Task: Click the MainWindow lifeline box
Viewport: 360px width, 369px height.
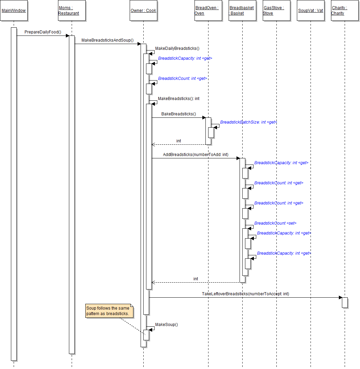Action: coord(14,11)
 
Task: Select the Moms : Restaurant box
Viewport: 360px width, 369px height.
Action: coord(72,11)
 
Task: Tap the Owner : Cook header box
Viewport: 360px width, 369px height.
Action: coord(143,11)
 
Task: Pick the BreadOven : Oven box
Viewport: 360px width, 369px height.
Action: coord(208,11)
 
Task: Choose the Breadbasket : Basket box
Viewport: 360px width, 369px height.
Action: coord(242,11)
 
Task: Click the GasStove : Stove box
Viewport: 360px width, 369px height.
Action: coord(276,11)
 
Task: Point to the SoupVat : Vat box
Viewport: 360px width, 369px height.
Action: coord(311,11)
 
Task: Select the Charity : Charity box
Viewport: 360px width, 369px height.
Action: coord(345,11)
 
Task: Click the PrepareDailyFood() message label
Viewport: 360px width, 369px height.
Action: coord(43,32)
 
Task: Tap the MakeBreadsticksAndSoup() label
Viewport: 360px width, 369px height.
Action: coord(107,40)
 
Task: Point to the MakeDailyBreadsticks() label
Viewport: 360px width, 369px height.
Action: coord(177,48)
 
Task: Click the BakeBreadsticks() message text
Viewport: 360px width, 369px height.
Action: coord(178,114)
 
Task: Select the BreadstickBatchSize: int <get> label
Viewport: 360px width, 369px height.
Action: coord(248,122)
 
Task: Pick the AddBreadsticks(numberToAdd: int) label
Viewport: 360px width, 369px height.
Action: coord(196,155)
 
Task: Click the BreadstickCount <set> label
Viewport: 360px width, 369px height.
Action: coord(275,223)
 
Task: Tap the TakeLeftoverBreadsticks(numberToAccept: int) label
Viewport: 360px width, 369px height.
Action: coord(245,294)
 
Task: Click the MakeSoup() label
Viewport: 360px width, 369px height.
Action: coord(167,325)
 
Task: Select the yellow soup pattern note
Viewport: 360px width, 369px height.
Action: coord(109,311)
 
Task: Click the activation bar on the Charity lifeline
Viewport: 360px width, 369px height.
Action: coord(345,302)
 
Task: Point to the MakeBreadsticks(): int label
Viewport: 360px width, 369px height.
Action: coord(178,99)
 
